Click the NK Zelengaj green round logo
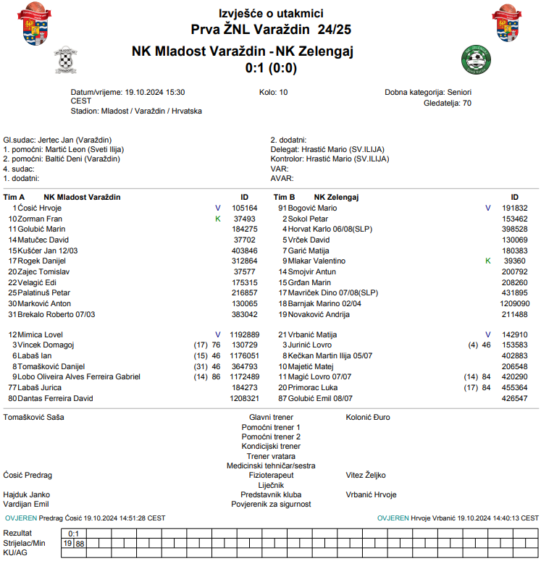click(x=477, y=59)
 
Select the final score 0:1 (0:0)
click(x=271, y=68)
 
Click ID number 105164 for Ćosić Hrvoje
click(x=244, y=208)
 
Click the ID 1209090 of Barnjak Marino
click(x=514, y=303)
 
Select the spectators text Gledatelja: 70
click(x=447, y=103)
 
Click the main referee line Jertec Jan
click(x=57, y=140)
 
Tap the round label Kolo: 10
click(x=273, y=93)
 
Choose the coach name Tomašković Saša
click(x=34, y=418)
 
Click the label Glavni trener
click(x=271, y=418)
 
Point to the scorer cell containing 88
click(x=80, y=543)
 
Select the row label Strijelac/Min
click(x=25, y=543)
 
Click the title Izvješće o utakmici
click(x=271, y=14)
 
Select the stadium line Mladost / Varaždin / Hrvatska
click(x=136, y=111)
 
